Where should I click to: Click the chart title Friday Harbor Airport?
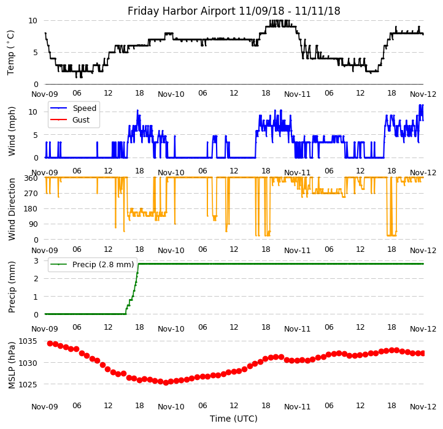(x=234, y=11)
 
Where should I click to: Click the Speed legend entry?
(x=84, y=108)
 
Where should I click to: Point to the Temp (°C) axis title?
(x=11, y=52)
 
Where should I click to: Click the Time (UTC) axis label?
(x=234, y=419)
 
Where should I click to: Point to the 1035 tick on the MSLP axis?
(x=28, y=341)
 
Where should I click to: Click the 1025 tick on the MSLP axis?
(x=28, y=385)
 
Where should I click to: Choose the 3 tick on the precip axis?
(x=36, y=261)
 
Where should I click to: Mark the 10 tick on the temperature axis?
(x=33, y=20)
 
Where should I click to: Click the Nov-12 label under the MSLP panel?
(x=423, y=406)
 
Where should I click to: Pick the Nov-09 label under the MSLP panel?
(x=45, y=406)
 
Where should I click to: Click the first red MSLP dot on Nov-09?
(x=50, y=343)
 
